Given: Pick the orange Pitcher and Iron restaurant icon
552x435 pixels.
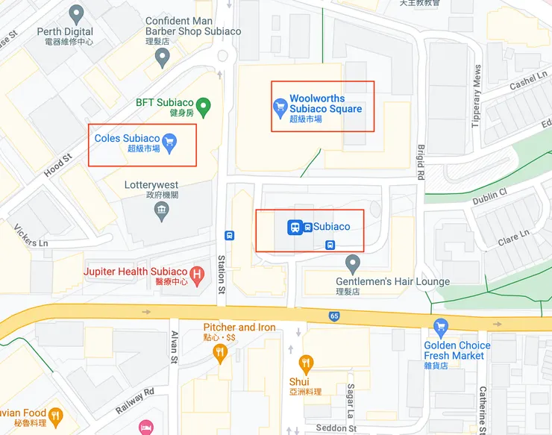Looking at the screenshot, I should (x=219, y=352).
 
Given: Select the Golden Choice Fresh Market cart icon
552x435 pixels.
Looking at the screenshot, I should (x=441, y=327).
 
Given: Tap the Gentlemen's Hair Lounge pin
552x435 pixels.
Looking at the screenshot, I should (x=354, y=263).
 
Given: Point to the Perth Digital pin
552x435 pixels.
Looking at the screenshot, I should (x=75, y=13).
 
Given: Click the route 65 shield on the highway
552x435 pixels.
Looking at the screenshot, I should (x=335, y=316).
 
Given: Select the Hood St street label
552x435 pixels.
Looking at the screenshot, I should (x=57, y=165).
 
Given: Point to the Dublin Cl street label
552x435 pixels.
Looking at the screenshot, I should (x=489, y=196).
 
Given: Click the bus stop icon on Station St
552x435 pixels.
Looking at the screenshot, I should (x=230, y=235).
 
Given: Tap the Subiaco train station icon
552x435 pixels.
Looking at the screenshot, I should (x=295, y=227).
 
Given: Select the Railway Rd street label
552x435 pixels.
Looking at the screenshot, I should (x=134, y=401).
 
